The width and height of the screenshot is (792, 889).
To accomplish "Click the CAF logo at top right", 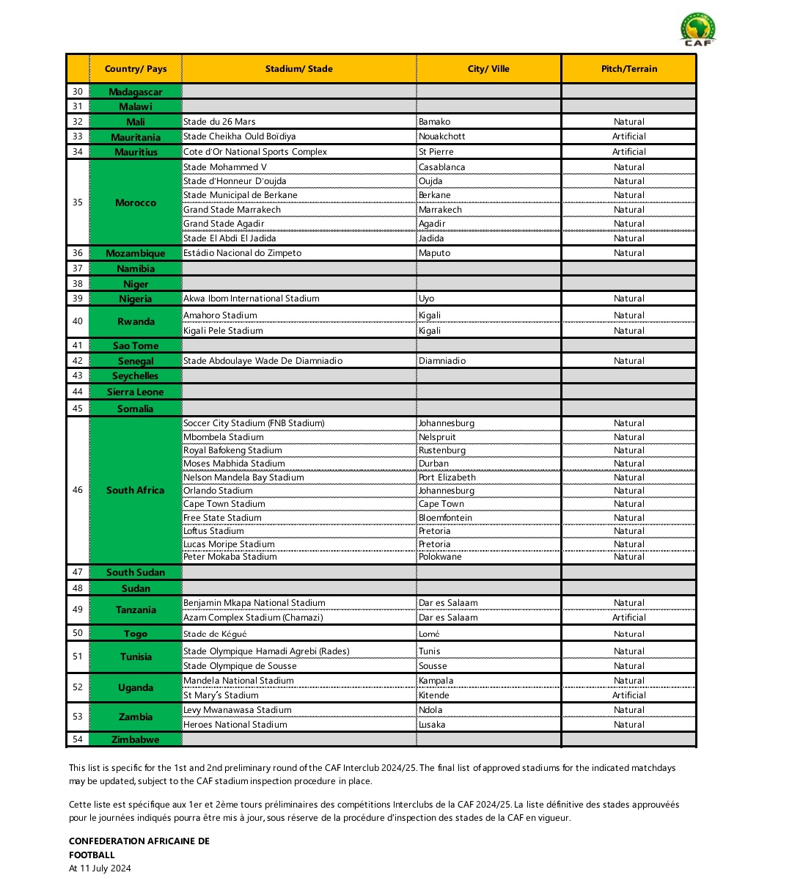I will (x=697, y=30).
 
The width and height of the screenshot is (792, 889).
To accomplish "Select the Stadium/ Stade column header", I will (x=298, y=69).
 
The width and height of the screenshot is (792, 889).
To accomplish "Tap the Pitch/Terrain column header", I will (x=628, y=69).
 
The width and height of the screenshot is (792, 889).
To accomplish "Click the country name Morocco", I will (x=136, y=202).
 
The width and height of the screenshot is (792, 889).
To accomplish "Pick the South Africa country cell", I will (x=136, y=490).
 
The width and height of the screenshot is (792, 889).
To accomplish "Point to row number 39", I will (x=78, y=299).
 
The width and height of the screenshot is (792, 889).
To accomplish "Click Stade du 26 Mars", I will (x=219, y=122).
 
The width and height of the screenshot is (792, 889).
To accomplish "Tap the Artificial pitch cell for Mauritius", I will (x=628, y=152).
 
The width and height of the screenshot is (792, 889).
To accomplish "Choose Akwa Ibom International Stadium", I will (x=252, y=299).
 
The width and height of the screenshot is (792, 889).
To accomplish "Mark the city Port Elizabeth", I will (x=447, y=478).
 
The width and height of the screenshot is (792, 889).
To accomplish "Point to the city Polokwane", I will (x=439, y=557).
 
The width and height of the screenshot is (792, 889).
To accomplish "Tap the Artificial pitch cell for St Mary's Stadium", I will (x=628, y=695).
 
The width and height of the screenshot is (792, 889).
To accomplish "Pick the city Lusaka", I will (x=432, y=725).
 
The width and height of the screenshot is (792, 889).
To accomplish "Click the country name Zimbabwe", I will (x=136, y=739).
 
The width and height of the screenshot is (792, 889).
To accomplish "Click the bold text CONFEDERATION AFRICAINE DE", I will (x=139, y=841).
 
